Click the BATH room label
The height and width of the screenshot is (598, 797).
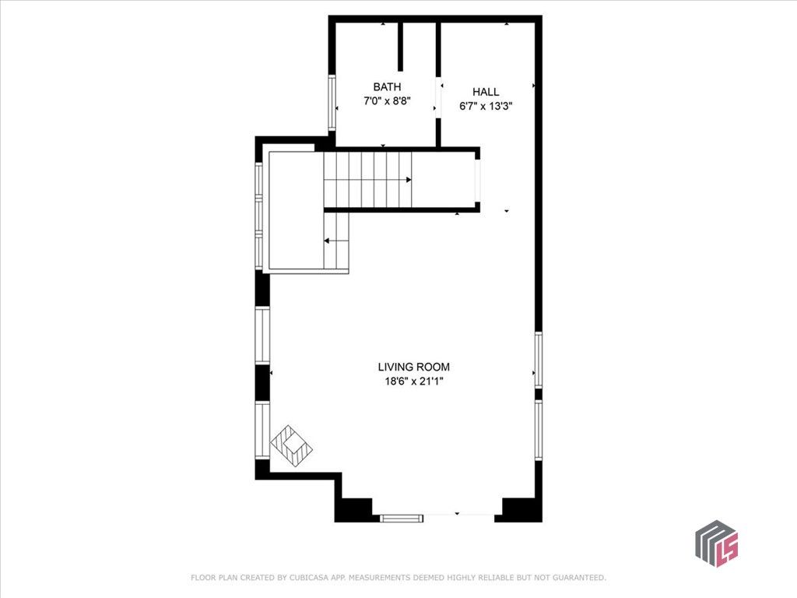point(387,87)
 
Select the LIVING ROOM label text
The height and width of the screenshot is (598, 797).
point(413,367)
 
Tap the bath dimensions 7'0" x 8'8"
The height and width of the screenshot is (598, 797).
point(387,101)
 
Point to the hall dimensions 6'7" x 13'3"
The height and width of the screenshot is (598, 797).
point(486,106)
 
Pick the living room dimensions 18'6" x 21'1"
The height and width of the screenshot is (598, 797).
point(413,381)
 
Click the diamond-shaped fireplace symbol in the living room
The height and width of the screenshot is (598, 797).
point(292,445)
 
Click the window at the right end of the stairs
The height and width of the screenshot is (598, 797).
point(478,180)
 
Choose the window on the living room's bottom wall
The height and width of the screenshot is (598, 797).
point(402,516)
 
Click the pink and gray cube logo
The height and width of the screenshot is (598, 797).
point(716,543)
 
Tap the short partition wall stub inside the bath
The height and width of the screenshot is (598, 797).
point(402,47)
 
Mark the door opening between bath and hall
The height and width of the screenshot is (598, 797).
point(439,97)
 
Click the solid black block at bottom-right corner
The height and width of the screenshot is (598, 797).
point(521,509)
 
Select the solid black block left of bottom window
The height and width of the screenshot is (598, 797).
point(355,509)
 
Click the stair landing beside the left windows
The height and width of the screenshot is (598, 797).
point(296,210)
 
